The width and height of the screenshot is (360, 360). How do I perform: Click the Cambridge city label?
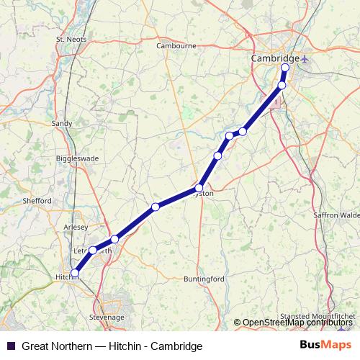[x=274, y=58]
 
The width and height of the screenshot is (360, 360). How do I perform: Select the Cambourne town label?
[x=176, y=45]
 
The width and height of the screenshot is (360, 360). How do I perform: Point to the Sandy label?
[x=62, y=123]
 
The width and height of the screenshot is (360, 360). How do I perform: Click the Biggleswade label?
[x=77, y=158]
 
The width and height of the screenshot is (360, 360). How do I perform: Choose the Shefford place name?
[x=37, y=200]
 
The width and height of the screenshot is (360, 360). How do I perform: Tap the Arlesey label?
[x=76, y=226]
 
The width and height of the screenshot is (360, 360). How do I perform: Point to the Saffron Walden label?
[x=336, y=215]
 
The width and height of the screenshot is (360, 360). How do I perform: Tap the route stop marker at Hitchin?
[x=75, y=273]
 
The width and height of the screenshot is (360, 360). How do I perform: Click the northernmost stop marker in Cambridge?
[x=284, y=68]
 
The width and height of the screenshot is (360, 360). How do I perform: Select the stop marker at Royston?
[x=199, y=188]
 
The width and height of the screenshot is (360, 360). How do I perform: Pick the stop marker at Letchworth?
[x=93, y=250]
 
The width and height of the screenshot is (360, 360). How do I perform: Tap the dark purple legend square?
[x=9, y=346]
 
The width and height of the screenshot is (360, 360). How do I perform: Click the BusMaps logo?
[x=325, y=346]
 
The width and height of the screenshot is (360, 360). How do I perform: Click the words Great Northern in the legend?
[x=58, y=346]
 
